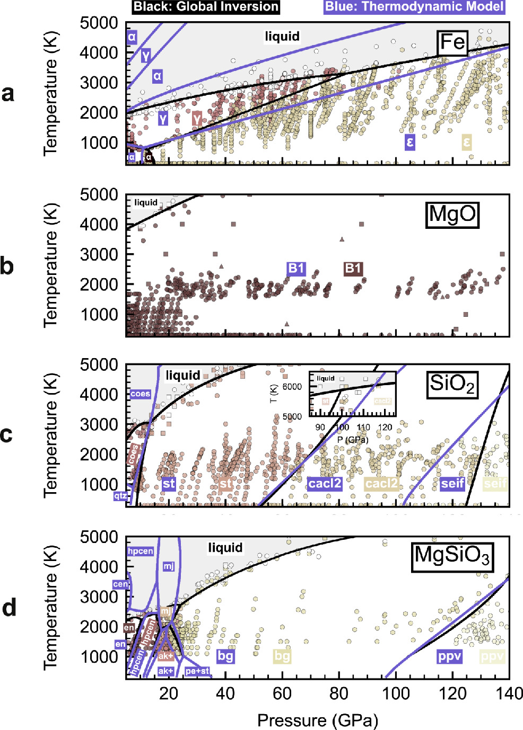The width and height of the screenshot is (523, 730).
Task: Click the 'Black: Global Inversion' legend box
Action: [x=206, y=7]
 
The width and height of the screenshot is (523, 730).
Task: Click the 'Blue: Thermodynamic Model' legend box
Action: [x=414, y=7]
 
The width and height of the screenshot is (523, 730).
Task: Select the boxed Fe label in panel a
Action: [x=452, y=42]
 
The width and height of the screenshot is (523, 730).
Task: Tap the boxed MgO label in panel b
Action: [x=452, y=215]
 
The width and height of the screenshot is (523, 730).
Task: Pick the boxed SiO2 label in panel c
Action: [x=452, y=385]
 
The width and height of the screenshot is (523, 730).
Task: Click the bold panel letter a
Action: [x=8, y=93]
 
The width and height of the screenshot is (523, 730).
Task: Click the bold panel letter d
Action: [x=9, y=608]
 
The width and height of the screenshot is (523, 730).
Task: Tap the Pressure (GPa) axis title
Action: [x=318, y=720]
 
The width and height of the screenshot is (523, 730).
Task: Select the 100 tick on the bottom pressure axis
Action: [x=396, y=693]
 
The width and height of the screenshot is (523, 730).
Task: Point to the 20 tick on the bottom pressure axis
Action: [x=169, y=693]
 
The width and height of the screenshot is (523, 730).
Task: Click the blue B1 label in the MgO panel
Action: [x=296, y=269]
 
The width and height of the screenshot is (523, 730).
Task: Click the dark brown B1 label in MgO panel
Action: [x=353, y=269]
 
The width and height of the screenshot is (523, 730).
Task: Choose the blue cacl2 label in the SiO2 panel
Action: [x=325, y=484]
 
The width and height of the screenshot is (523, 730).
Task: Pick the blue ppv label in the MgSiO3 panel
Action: [x=449, y=656]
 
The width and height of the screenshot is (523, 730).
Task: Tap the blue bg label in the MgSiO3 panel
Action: [x=225, y=656]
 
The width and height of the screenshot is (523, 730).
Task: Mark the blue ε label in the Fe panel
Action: [x=409, y=142]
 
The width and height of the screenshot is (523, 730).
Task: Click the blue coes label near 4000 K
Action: [x=140, y=394]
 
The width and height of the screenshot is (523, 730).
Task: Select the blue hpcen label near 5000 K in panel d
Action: [x=141, y=551]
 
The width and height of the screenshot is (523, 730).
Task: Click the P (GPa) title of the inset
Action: [x=353, y=439]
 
